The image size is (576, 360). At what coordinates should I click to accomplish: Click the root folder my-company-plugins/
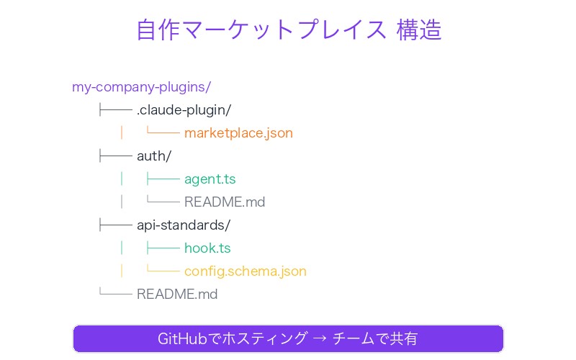point(141,87)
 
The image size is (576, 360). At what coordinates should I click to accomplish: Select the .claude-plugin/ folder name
point(184,110)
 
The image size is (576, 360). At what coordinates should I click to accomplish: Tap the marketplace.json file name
point(238,133)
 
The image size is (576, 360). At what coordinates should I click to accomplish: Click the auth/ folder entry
point(153,156)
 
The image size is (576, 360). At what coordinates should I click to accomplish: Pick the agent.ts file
point(210,179)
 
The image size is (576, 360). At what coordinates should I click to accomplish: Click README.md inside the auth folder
point(225,202)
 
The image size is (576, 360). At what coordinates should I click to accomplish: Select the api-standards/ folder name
point(183,225)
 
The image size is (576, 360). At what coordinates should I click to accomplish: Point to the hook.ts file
point(207,248)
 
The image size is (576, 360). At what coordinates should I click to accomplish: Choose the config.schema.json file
point(245,271)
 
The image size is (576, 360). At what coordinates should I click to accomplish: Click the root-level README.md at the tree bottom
point(177,294)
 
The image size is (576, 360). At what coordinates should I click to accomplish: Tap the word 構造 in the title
point(419,30)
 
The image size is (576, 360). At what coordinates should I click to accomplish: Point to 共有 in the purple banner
point(405,338)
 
